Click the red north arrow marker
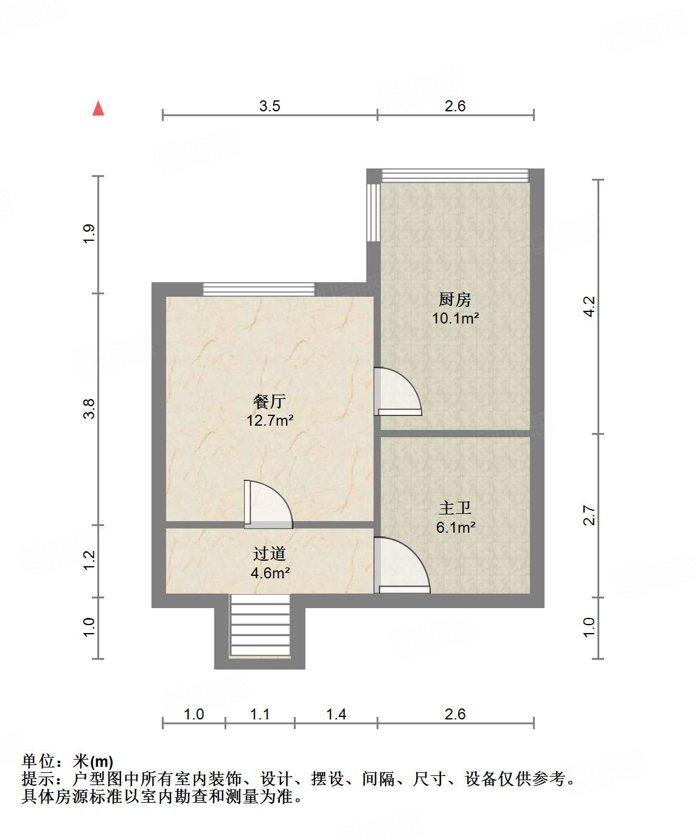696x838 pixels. coord(98,108)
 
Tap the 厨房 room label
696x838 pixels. coord(454,299)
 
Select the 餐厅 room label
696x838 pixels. coord(269,401)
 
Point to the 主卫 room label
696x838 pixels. coord(454,508)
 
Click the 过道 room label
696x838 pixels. coord(269,553)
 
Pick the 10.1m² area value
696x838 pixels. coord(455,318)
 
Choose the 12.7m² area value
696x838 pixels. coord(270,420)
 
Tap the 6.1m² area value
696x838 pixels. coord(455,527)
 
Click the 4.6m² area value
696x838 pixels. coord(270,573)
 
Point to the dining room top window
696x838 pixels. coord(259,289)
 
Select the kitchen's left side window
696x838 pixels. coord(373,212)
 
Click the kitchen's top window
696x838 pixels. coord(455,175)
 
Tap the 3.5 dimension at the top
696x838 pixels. coord(270,106)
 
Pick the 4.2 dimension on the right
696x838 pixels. coord(589,306)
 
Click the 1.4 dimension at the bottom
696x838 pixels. coord(336,714)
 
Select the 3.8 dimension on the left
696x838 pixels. coord(89,408)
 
